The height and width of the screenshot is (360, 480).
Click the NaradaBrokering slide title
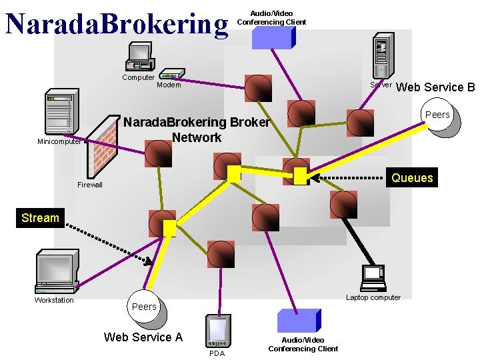coord(117,24)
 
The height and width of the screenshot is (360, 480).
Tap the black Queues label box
coord(412,178)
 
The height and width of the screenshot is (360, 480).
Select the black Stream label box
coord(40,218)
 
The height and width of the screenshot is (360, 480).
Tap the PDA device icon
coord(218,331)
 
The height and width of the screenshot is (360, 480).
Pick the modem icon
coord(171,74)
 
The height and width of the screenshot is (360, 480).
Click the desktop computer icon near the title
coord(140,57)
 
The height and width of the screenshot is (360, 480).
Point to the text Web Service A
coord(143,337)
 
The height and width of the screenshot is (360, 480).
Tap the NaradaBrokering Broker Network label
coord(197,130)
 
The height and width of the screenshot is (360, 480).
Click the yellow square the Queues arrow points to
coord(300,176)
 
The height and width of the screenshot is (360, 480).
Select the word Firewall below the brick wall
coord(90,185)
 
